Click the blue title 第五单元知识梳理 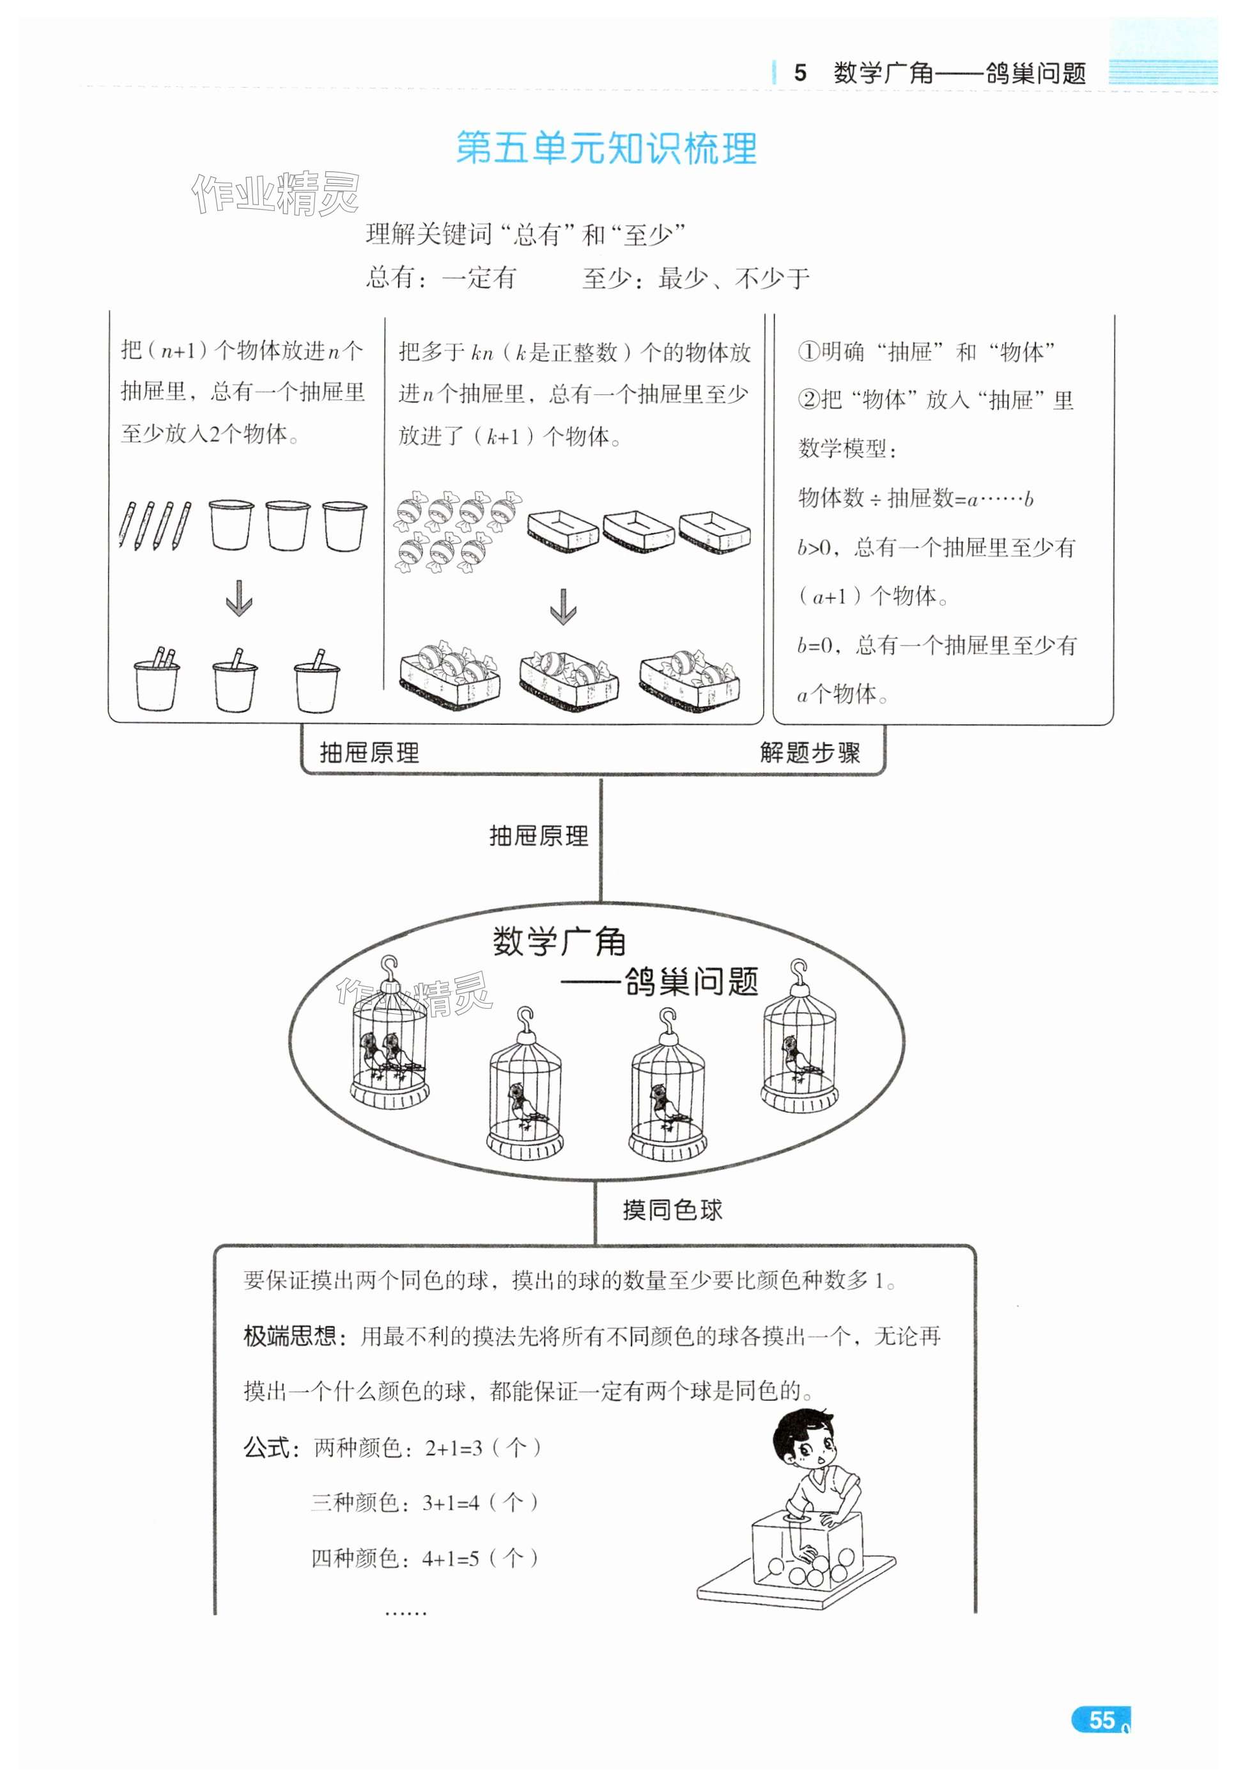pos(606,148)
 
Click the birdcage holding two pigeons pos(389,1042)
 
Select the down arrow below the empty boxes pos(563,606)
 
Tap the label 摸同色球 pos(672,1209)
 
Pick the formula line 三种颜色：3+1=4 pos(424,1502)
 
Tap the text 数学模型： pos(847,449)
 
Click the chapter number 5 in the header pos(800,73)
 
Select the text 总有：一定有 pos(440,277)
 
